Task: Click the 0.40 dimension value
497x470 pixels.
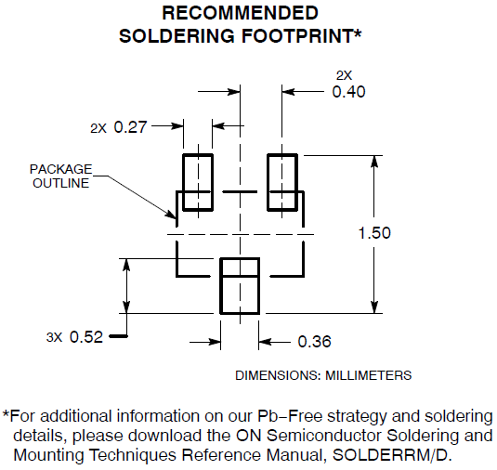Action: pyautogui.click(x=348, y=92)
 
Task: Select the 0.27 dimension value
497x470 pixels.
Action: pyautogui.click(x=130, y=127)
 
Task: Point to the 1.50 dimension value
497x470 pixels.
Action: pyautogui.click(x=374, y=233)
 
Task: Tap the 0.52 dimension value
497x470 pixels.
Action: pyautogui.click(x=86, y=336)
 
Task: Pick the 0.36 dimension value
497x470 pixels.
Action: pyautogui.click(x=314, y=342)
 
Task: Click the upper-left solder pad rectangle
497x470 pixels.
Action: pyautogui.click(x=183, y=182)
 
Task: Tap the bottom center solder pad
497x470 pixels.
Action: pyautogui.click(x=221, y=286)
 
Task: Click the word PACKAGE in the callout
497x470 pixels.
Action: pyautogui.click(x=61, y=169)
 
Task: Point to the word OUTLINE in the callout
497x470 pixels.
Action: pyautogui.click(x=61, y=183)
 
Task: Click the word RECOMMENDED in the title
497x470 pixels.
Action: pyautogui.click(x=240, y=13)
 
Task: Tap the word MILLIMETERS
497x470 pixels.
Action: pyautogui.click(x=368, y=375)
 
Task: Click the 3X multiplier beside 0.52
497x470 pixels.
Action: pyautogui.click(x=54, y=337)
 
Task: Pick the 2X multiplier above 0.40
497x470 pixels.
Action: pyautogui.click(x=344, y=75)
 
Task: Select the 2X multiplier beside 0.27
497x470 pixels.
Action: pyautogui.click(x=98, y=128)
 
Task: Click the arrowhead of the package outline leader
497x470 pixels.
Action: pyautogui.click(x=171, y=215)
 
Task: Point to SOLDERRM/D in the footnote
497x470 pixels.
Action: pyautogui.click(x=391, y=455)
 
